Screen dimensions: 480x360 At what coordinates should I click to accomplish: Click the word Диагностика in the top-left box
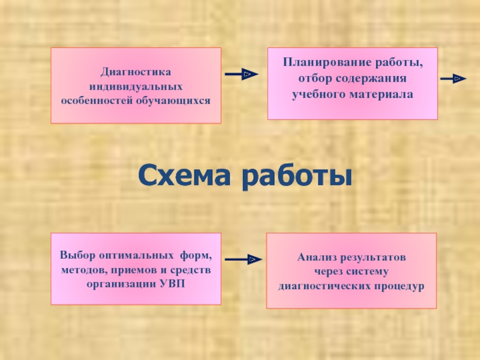[x=136, y=72]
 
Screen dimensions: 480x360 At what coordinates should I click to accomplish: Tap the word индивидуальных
[x=136, y=86]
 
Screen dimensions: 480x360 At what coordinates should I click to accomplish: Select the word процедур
[x=401, y=286]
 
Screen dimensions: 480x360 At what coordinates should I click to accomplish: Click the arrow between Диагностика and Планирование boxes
[x=241, y=74]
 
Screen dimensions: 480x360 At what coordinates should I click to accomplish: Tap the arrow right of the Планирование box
[x=453, y=79]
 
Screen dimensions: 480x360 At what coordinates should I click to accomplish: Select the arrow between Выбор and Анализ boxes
[x=242, y=259]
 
